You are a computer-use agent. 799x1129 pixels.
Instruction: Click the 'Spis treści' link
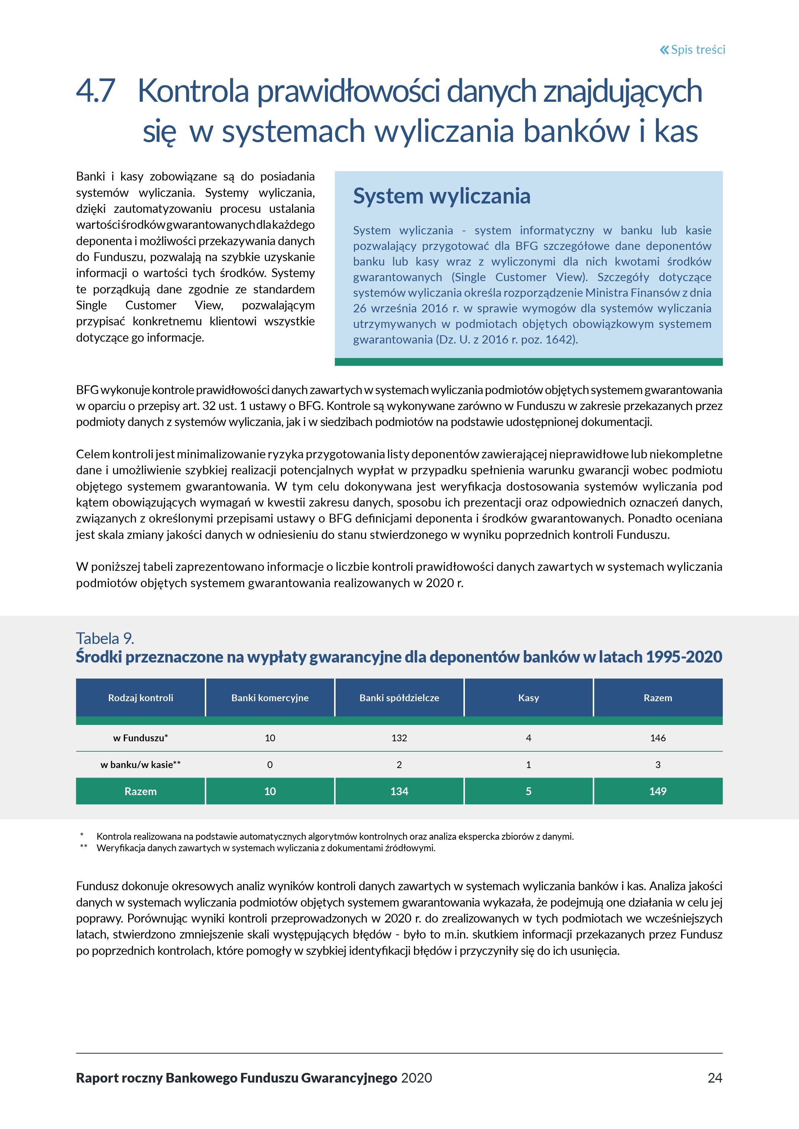tap(698, 50)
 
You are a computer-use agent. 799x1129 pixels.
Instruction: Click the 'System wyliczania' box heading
tap(441, 196)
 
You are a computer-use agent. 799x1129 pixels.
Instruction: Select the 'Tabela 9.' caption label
tap(105, 638)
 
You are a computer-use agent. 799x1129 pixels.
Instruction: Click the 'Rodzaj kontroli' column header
tap(141, 698)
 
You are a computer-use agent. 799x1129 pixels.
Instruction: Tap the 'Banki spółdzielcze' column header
tap(399, 698)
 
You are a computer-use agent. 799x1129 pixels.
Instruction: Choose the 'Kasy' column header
tap(528, 698)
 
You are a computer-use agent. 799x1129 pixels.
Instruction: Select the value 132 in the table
tap(399, 738)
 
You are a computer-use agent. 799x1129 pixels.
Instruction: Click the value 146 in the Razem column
tap(658, 738)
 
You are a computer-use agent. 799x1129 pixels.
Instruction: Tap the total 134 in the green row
tap(399, 791)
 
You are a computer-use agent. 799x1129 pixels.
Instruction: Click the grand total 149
tap(658, 791)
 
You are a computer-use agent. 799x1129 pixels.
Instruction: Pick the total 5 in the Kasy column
tap(528, 791)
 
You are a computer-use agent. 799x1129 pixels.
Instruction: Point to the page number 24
tap(715, 1078)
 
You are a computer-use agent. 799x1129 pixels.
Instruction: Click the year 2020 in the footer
tap(417, 1078)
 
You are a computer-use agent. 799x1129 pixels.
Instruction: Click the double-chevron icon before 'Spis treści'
tap(664, 50)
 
